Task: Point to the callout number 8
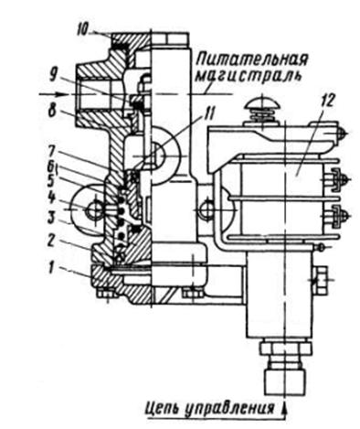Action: pos(52,111)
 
